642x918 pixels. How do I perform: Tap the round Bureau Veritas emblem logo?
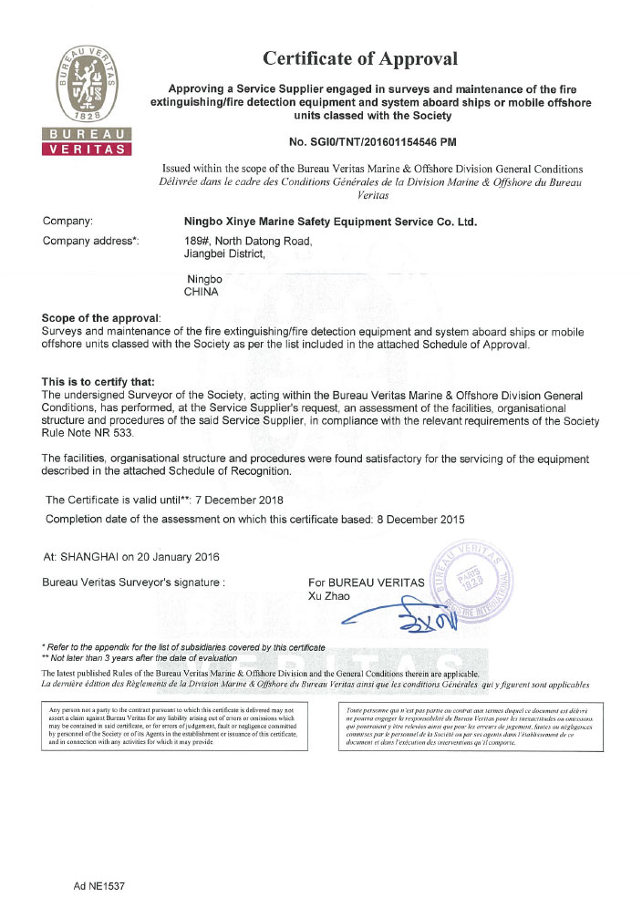(x=87, y=87)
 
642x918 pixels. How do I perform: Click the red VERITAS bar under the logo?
(x=87, y=149)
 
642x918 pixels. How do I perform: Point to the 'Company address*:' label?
(x=90, y=241)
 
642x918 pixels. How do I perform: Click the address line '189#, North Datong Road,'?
(x=248, y=241)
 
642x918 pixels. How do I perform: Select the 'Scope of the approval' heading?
(x=101, y=317)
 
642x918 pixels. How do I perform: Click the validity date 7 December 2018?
(x=239, y=500)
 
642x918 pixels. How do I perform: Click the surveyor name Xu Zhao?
(x=330, y=596)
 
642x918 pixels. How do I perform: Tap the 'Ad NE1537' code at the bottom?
(x=99, y=885)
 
